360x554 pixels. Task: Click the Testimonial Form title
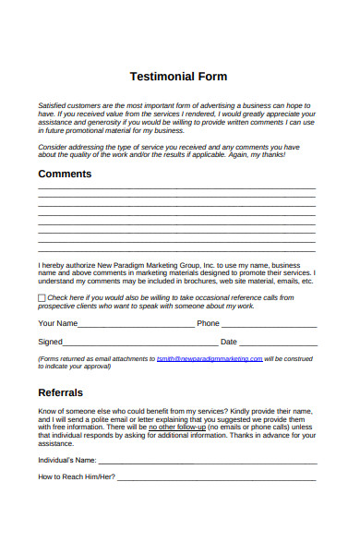click(180, 77)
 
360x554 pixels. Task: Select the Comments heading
click(65, 175)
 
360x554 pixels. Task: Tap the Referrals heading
click(61, 392)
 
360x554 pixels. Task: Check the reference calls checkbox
click(42, 298)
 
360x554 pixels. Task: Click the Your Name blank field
click(136, 325)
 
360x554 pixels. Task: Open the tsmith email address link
click(210, 358)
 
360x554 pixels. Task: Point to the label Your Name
click(57, 323)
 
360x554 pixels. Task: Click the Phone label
click(208, 323)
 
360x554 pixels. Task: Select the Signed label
click(50, 342)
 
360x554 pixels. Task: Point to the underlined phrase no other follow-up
click(176, 428)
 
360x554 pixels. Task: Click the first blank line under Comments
click(176, 191)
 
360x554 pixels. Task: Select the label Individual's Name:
click(66, 459)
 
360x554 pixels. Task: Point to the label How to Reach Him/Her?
click(77, 477)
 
